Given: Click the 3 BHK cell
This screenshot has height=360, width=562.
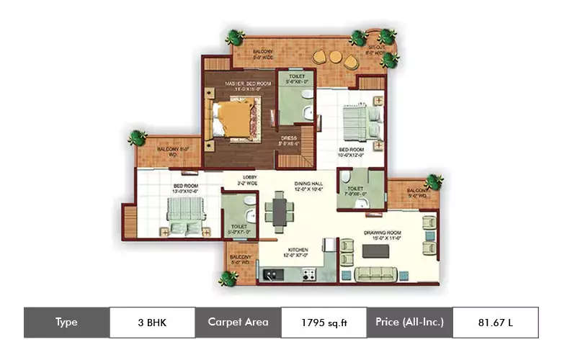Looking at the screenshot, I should click(152, 322).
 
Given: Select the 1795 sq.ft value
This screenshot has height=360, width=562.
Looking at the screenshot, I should click(324, 322).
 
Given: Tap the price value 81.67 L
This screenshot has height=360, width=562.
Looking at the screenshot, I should click(495, 322).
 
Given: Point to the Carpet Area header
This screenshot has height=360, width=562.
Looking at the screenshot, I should click(238, 322).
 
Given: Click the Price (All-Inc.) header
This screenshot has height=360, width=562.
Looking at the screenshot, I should click(409, 322).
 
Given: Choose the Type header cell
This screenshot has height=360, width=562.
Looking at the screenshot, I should click(66, 322).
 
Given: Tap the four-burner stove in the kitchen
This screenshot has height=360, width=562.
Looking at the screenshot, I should click(308, 274).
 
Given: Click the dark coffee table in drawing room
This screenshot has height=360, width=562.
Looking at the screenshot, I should click(375, 252).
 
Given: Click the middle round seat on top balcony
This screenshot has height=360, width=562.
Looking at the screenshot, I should click(335, 56).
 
